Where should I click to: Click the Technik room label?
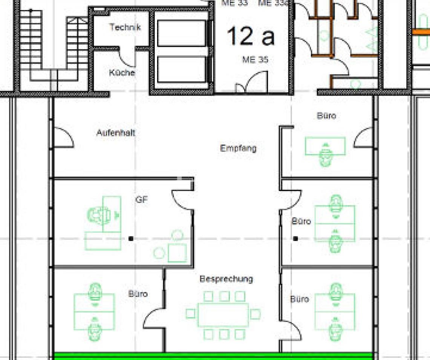(x=125, y=27)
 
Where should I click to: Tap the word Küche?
(x=122, y=73)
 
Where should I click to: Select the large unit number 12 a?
(x=250, y=37)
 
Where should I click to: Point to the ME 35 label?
(x=255, y=59)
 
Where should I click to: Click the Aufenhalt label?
(x=116, y=133)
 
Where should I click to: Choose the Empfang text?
(x=238, y=148)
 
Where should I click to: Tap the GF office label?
(x=141, y=200)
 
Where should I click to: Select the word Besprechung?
(x=226, y=279)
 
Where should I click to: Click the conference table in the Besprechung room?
(x=223, y=314)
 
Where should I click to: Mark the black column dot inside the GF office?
(x=131, y=238)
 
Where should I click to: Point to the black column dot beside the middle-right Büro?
(x=296, y=238)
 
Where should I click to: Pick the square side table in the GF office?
(x=177, y=253)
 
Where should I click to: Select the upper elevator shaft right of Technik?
(x=181, y=34)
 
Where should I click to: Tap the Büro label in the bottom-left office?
(x=138, y=294)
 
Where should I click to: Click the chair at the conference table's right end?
(x=256, y=314)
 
